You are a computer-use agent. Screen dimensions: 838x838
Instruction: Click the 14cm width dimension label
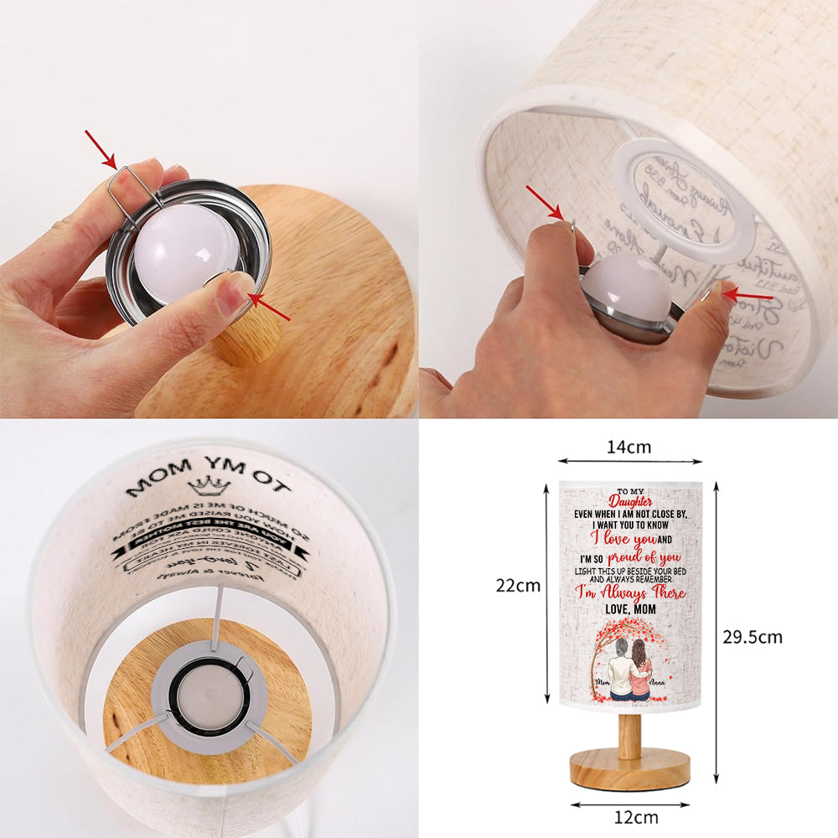pos(628,447)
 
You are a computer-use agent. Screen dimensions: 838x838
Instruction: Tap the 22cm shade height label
pos(518,586)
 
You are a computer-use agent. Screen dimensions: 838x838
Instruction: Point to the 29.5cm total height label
pos(753,637)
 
